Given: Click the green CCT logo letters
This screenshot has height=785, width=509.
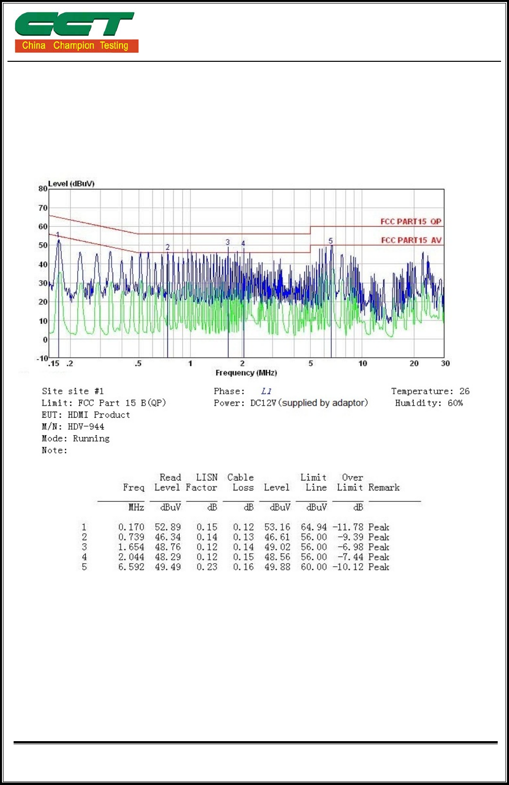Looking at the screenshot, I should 75,24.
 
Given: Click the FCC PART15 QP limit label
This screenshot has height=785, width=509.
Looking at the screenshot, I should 410,221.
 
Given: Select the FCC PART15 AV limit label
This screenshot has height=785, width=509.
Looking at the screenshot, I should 411,240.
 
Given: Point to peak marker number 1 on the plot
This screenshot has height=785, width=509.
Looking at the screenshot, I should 58,234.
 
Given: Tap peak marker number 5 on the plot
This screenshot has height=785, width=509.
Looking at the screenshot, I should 330,241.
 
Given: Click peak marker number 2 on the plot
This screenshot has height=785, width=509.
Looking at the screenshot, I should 167,247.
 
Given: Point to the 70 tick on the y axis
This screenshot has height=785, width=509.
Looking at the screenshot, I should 43,208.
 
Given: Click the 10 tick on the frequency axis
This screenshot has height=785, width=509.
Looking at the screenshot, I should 363,363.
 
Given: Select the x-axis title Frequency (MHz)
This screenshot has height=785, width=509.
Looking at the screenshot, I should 246,373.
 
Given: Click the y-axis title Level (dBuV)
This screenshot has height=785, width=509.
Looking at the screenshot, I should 71,183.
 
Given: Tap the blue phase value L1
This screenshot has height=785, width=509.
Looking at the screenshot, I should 266,391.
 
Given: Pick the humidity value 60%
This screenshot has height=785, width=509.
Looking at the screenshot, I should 455,403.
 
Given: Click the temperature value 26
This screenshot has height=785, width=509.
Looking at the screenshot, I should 464,391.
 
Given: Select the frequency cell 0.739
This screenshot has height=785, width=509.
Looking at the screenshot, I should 131,537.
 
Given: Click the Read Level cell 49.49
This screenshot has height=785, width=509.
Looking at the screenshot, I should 168,567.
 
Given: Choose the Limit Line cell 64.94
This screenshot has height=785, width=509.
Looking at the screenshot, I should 314,527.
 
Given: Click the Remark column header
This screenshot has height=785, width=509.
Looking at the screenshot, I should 383,487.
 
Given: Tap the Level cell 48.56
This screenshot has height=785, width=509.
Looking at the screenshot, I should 277,557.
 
